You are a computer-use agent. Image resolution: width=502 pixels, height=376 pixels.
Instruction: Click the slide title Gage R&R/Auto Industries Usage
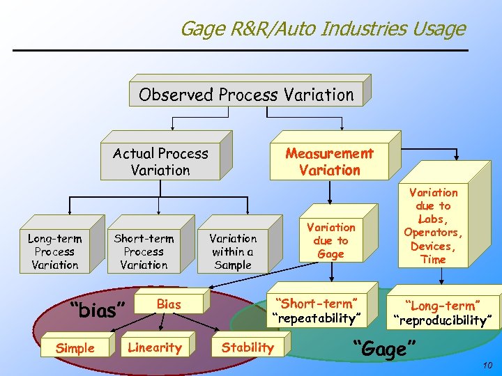click(322, 29)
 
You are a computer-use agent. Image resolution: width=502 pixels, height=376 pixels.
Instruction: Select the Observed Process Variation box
click(246, 95)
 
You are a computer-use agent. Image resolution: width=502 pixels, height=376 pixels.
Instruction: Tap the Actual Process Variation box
click(160, 162)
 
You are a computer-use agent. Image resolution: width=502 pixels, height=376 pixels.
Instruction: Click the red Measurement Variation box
click(329, 162)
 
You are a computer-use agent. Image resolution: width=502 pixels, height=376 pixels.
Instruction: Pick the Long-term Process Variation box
click(54, 251)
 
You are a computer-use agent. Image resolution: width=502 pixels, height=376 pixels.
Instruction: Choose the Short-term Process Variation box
click(144, 251)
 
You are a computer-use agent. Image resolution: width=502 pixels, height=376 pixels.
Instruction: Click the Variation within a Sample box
click(233, 251)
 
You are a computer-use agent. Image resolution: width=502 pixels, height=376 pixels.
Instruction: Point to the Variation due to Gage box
click(330, 240)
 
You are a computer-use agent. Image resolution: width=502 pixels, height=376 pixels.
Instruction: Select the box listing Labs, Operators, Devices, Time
click(433, 226)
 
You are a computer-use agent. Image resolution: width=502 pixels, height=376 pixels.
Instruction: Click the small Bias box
click(169, 304)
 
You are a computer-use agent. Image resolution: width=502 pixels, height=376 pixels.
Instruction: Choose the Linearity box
click(155, 347)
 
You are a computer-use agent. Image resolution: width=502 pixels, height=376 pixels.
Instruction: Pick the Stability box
click(248, 347)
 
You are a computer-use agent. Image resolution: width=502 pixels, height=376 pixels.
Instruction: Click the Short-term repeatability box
click(317, 311)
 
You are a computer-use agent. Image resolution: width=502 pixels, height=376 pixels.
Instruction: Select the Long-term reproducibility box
click(444, 313)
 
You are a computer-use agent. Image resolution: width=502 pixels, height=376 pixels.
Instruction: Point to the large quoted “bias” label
click(98, 309)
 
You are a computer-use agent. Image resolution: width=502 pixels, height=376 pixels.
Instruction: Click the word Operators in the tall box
click(433, 233)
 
